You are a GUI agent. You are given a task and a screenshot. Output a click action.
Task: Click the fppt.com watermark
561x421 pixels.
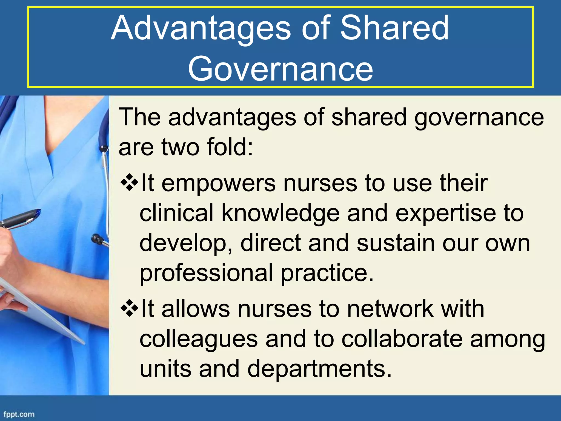point(19,414)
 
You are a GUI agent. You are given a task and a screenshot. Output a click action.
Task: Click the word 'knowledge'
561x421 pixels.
point(280,214)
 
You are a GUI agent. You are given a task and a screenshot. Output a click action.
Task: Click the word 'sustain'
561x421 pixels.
point(396,243)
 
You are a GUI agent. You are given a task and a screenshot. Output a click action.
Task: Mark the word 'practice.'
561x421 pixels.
point(327,273)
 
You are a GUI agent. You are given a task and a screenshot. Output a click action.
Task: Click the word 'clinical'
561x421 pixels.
point(176,214)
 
